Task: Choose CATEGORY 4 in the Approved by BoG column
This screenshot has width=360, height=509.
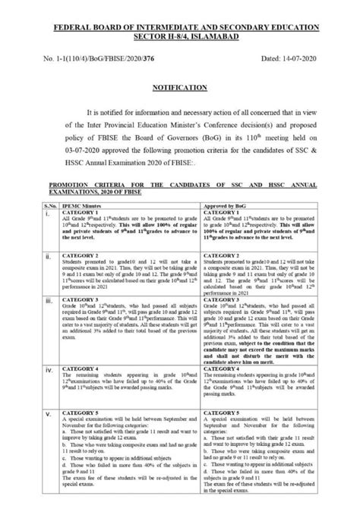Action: coord(217,368)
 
